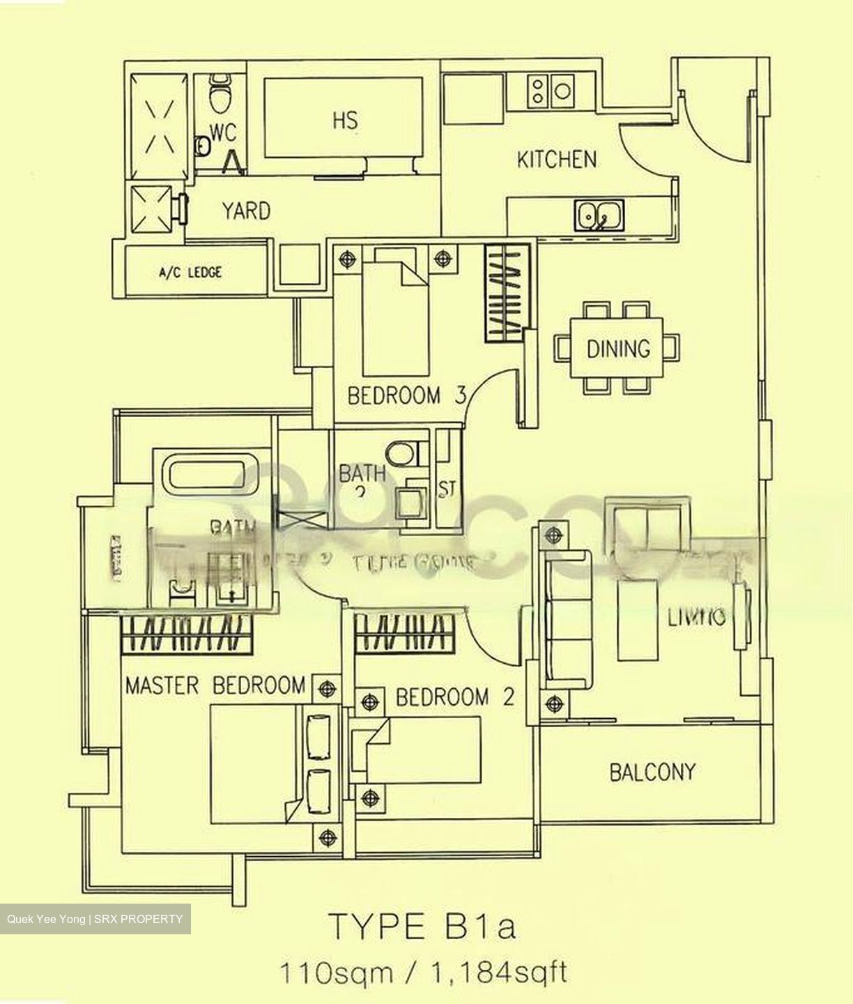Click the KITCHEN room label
point(556,160)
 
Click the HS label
point(345,120)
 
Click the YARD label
point(246,211)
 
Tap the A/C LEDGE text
point(190,273)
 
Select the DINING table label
point(617,348)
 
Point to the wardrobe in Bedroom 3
point(504,292)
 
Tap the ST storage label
point(447,489)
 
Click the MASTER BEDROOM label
point(215,685)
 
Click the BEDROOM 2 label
point(454,697)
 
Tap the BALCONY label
point(652,772)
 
